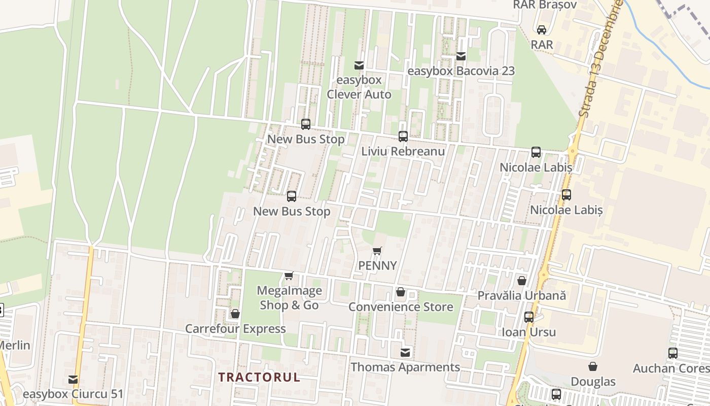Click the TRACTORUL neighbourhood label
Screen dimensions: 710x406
259,378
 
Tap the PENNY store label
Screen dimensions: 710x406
377,265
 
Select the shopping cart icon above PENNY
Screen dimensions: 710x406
377,251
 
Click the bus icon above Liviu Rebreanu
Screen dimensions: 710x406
403,136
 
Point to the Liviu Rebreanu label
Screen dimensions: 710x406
403,151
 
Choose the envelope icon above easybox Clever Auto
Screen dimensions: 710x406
359,65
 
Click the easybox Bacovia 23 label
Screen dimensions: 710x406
461,71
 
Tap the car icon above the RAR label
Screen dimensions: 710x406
542,30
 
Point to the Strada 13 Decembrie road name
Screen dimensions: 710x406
600,58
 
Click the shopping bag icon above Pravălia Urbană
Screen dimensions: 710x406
521,280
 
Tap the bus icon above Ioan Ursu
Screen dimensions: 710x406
529,317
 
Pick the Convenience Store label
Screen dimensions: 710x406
401,307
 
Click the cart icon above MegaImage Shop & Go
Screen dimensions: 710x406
289,276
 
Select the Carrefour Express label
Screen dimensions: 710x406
235,329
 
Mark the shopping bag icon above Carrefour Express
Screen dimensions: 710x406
235,314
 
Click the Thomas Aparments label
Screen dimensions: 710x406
405,367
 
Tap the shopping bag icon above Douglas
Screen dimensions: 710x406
593,366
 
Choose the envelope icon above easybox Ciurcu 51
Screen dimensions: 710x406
73,379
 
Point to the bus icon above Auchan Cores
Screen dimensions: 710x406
673,353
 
